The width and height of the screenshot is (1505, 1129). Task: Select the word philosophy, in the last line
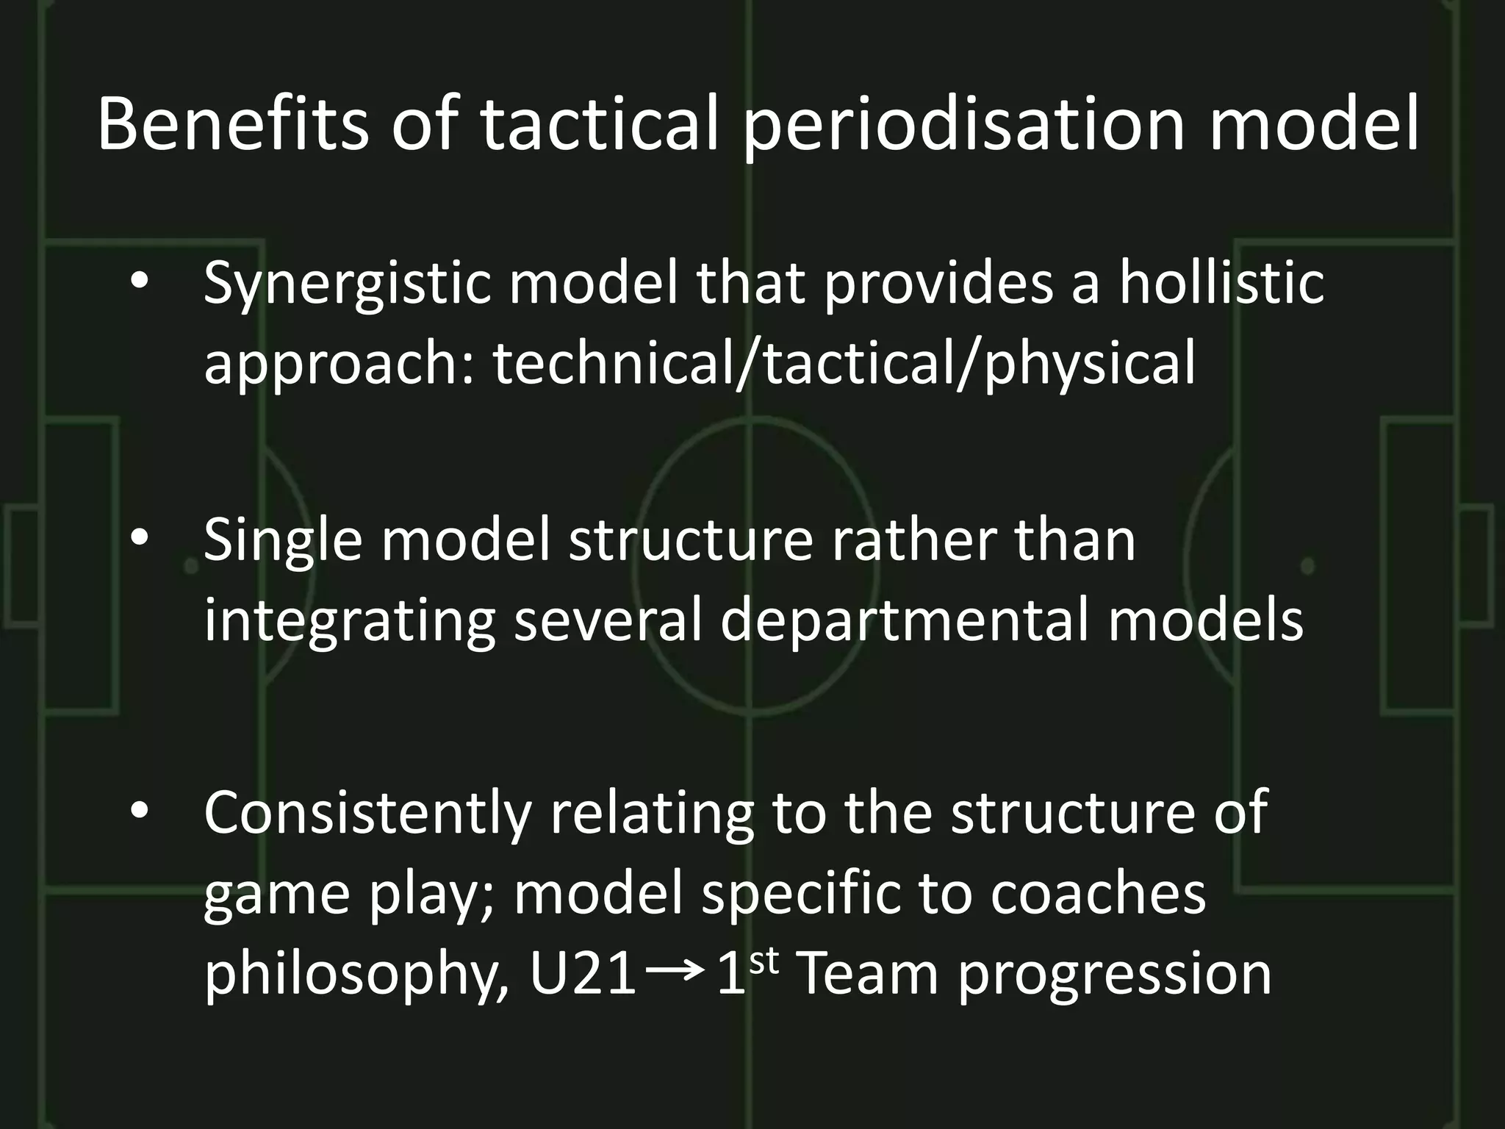pos(356,976)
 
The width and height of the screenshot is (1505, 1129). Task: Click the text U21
pos(583,976)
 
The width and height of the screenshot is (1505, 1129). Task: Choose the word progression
pos(1115,976)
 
